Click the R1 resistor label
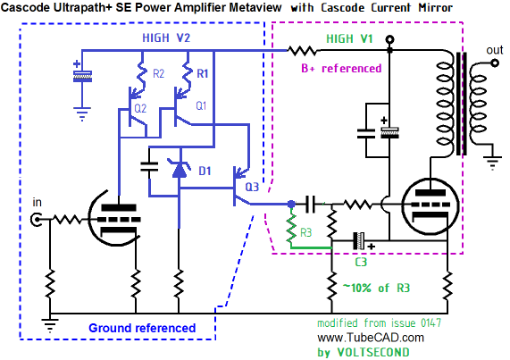tap(203, 73)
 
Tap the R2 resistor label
tap(158, 74)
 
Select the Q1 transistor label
tap(201, 105)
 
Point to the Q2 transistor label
tap(140, 108)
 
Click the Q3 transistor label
tap(252, 187)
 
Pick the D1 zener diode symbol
tap(179, 169)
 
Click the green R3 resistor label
tap(305, 232)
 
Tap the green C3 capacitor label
tap(361, 262)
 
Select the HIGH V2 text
tap(166, 38)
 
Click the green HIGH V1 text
tap(349, 38)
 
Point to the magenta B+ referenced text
tap(341, 68)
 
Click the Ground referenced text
tap(142, 328)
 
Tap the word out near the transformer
tap(495, 50)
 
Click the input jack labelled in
tap(37, 220)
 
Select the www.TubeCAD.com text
tap(371, 338)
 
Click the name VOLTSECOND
tap(373, 352)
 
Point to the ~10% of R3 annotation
tap(376, 288)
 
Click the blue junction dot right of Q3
tap(291, 205)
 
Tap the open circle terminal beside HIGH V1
tap(389, 39)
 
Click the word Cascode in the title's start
tap(25, 7)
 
